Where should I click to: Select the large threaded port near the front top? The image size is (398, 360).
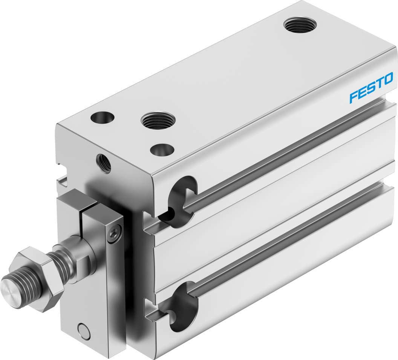pyautogui.click(x=158, y=120)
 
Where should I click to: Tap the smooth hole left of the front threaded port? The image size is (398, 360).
pyautogui.click(x=102, y=117)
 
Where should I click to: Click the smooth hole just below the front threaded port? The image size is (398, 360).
pyautogui.click(x=162, y=149)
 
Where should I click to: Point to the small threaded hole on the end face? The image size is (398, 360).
pyautogui.click(x=104, y=163)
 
